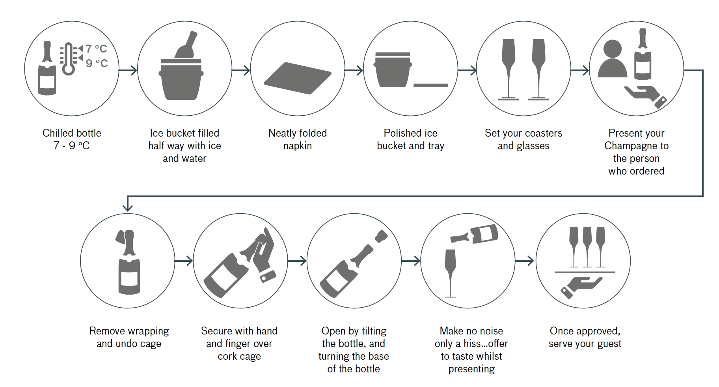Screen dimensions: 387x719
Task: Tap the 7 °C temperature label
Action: click(97, 49)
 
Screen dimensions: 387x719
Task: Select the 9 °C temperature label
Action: click(97, 63)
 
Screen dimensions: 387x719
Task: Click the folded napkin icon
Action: click(298, 78)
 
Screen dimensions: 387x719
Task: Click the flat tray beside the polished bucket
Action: click(430, 85)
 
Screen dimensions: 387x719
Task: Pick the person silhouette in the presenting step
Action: click(612, 59)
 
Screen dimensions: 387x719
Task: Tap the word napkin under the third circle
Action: click(298, 146)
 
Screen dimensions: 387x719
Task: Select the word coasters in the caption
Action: click(543, 133)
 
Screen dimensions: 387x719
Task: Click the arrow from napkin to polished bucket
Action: click(354, 71)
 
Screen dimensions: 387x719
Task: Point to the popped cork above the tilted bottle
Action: click(381, 236)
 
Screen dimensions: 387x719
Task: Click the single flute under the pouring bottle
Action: click(450, 272)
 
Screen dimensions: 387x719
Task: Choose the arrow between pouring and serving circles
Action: click(525, 261)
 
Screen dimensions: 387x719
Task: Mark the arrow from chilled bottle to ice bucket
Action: click(128, 71)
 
